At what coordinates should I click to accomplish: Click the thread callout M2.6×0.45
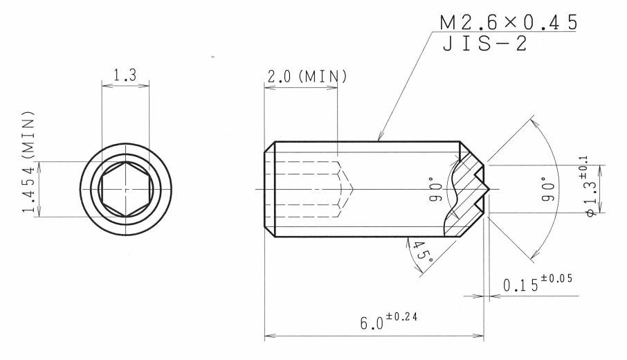(509, 22)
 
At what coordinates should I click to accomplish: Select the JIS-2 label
(484, 44)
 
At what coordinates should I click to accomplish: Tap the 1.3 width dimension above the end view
(125, 75)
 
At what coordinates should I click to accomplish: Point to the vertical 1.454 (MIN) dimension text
(28, 162)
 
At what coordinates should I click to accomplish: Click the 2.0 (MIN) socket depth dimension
(307, 76)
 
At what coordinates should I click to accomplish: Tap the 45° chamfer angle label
(423, 251)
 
